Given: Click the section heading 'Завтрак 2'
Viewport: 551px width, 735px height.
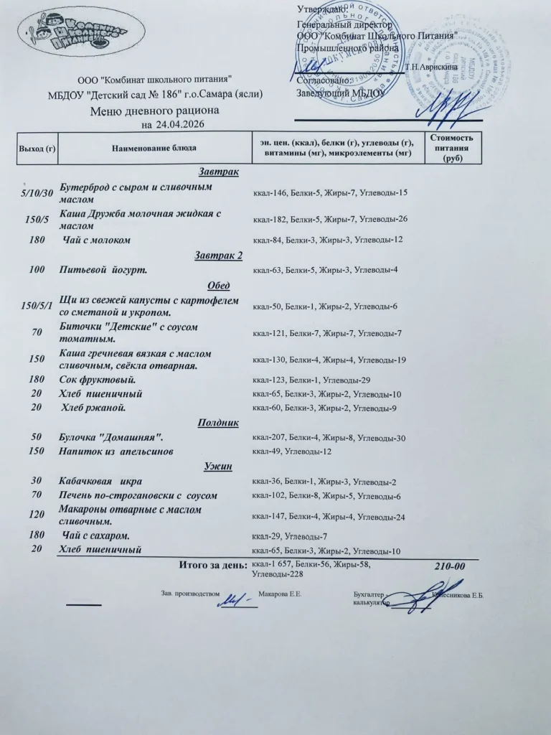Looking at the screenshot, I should click(x=219, y=255).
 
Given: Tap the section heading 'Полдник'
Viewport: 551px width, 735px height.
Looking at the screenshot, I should click(x=218, y=423).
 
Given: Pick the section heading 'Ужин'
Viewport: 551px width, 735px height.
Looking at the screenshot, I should click(x=218, y=467).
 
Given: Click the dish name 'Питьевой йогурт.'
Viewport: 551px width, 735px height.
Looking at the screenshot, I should click(x=103, y=270).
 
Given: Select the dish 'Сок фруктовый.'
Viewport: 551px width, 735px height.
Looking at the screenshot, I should click(x=98, y=379).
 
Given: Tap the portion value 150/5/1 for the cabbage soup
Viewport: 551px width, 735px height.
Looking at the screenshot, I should click(x=37, y=306).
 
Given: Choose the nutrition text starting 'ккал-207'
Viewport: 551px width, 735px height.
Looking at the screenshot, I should click(x=329, y=438).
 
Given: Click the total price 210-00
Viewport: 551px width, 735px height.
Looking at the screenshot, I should click(x=451, y=566).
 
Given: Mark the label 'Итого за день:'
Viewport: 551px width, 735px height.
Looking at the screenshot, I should click(x=212, y=566).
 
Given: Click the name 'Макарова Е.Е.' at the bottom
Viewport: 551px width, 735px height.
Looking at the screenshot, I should click(x=280, y=594).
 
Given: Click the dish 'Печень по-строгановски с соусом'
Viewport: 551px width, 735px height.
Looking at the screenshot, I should click(x=138, y=496).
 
